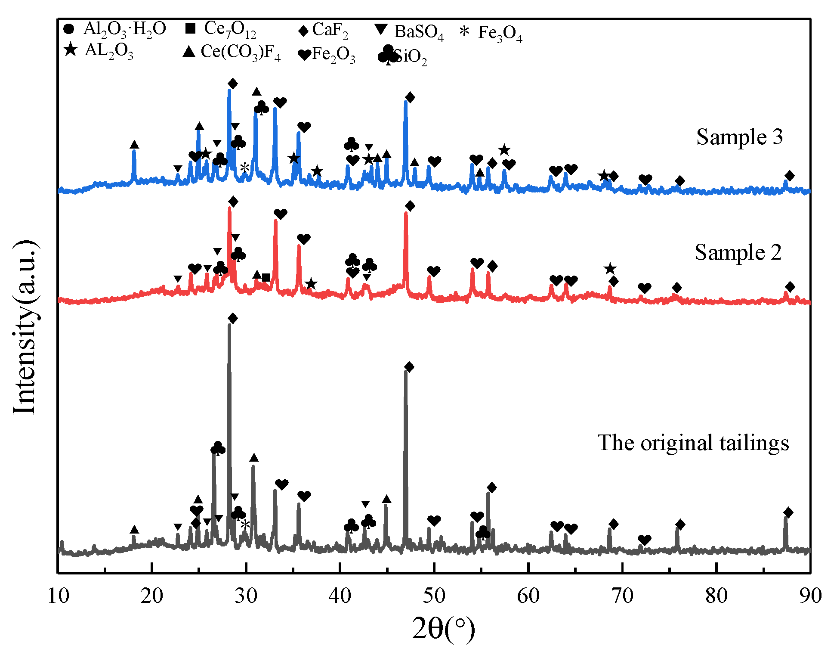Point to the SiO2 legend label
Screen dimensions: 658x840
coord(402,56)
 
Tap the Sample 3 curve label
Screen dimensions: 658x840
coord(739,137)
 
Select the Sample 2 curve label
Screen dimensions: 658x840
coord(738,252)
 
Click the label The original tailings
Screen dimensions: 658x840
coord(693,443)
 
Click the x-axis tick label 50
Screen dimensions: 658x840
coord(434,596)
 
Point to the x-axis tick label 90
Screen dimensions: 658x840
coord(810,596)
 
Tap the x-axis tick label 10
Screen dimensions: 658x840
coord(58,596)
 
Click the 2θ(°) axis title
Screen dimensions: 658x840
coord(443,629)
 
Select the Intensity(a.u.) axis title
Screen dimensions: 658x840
coord(25,327)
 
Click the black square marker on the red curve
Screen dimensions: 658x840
coord(266,278)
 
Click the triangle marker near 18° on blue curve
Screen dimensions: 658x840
coord(134,145)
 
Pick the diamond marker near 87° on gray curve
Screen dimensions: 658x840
coord(788,512)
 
